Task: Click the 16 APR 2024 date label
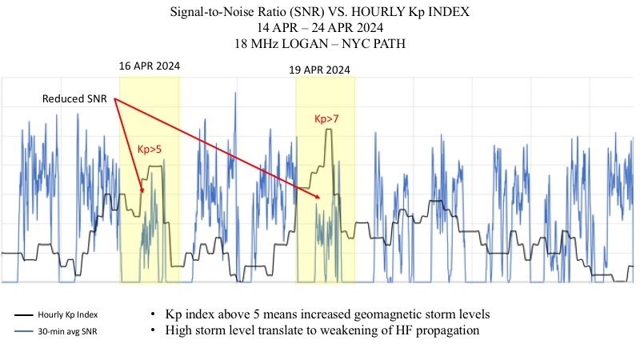149,66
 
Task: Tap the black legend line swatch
26,314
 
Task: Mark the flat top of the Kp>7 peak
328,130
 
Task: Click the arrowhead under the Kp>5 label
142,191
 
